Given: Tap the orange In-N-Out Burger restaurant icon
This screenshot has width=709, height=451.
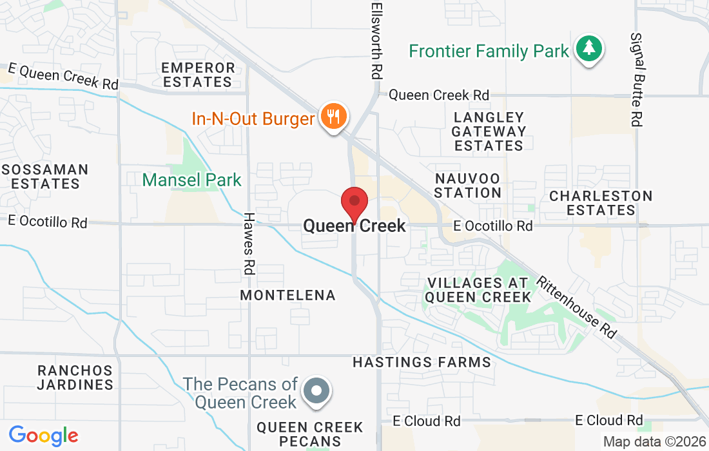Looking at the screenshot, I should point(333,117).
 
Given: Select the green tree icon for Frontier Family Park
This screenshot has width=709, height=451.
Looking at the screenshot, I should point(588,48).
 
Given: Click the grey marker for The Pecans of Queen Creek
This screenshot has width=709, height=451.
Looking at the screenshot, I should point(316,390).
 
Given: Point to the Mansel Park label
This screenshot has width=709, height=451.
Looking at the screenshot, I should point(192,180).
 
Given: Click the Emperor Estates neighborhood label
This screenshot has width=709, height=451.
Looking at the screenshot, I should point(198,75).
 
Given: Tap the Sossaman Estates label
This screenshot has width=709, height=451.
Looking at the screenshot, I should point(45,177).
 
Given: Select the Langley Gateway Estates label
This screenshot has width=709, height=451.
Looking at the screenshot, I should point(489,131).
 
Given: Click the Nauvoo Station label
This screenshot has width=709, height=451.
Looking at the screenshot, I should point(468,185).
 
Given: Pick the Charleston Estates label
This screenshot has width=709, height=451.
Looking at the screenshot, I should point(601,203).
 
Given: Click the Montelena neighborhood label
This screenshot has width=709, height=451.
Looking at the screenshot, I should point(288,295).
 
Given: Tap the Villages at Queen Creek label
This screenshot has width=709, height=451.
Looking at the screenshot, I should point(478,290).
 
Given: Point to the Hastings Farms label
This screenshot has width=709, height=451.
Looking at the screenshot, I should point(422,363).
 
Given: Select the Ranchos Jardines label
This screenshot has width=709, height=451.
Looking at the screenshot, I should point(75,378).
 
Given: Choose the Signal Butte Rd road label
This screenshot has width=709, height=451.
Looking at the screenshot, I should point(637,79).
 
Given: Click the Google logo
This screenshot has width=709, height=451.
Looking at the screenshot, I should point(43,436).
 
